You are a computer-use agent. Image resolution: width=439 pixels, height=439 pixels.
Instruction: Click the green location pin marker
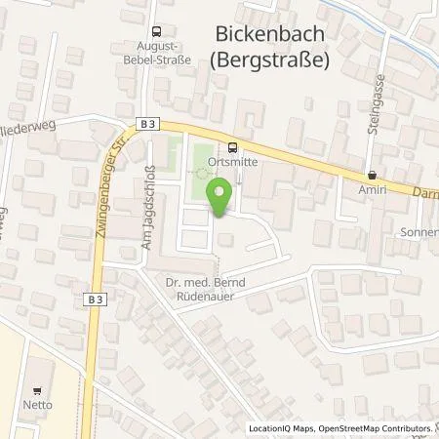219,197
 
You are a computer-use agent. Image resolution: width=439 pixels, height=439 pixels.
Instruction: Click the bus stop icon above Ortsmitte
230,147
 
